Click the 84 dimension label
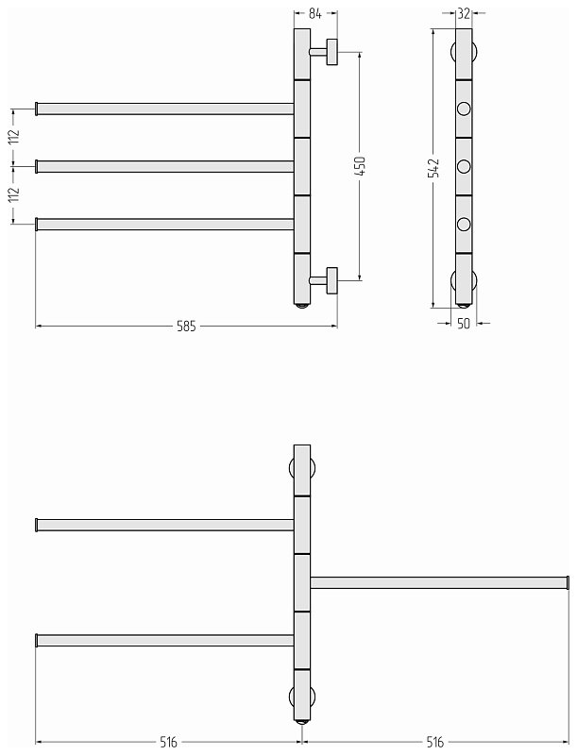pos(315,13)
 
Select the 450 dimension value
pos(360,166)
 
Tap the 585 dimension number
pos(186,326)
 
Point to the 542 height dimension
pos(434,168)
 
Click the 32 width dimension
pos(464,13)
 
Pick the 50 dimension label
pos(464,324)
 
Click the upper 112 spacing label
pos(14,136)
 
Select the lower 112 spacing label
pos(14,193)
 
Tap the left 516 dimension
pos(169,742)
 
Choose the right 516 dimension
pos(435,742)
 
